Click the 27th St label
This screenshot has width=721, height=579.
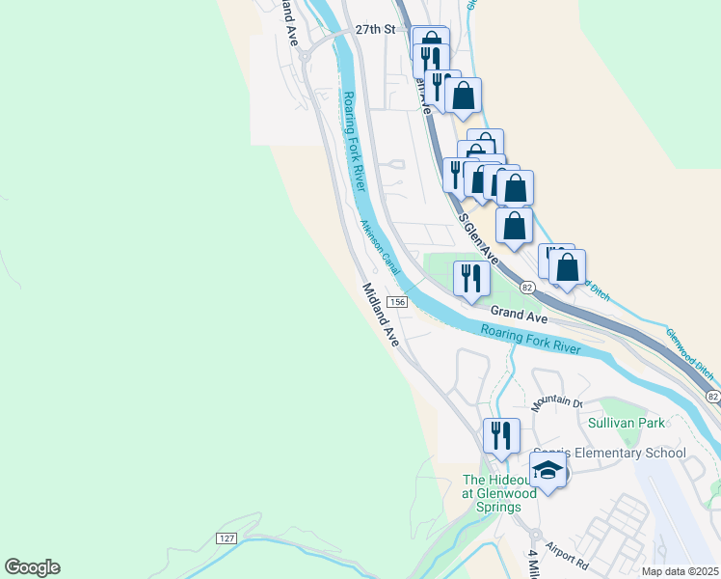tap(375, 30)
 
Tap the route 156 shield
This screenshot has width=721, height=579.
tap(400, 302)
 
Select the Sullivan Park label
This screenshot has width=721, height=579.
tap(627, 423)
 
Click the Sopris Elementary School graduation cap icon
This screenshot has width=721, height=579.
tap(548, 471)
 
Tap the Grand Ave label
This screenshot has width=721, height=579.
tap(519, 314)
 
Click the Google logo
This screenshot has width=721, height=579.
tap(32, 567)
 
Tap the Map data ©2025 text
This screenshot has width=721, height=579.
tap(680, 571)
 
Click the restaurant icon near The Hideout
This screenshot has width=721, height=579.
tap(501, 435)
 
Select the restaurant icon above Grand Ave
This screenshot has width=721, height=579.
tap(471, 279)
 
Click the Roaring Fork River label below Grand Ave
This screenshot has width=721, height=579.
tap(531, 339)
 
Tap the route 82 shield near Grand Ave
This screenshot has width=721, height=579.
tap(527, 288)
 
